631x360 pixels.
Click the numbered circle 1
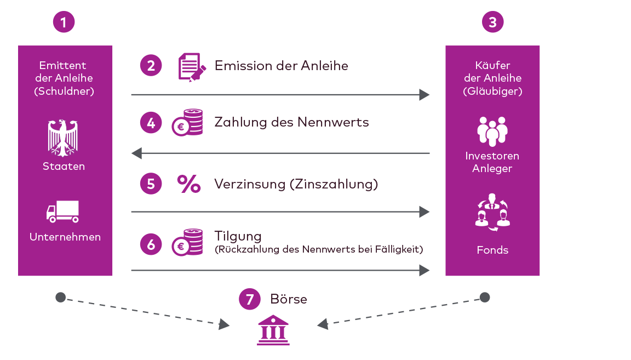coord(64,22)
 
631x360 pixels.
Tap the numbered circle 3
coord(492,22)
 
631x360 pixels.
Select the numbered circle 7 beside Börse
coord(250,299)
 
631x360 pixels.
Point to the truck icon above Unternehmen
coord(63,212)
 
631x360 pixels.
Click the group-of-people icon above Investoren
coord(492,132)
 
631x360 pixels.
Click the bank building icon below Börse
coord(273,330)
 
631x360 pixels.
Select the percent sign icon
coord(189,184)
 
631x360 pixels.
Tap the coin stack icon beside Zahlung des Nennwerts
coord(187,122)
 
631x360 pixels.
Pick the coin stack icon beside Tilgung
coord(187,242)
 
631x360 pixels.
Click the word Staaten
coord(64,166)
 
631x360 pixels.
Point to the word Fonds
coord(492,250)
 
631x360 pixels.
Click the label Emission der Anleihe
coord(281,66)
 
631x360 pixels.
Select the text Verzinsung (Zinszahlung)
coord(296,184)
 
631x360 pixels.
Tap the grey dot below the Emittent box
coord(60,298)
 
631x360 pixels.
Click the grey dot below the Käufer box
coord(484,298)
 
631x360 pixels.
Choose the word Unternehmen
coord(65,237)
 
